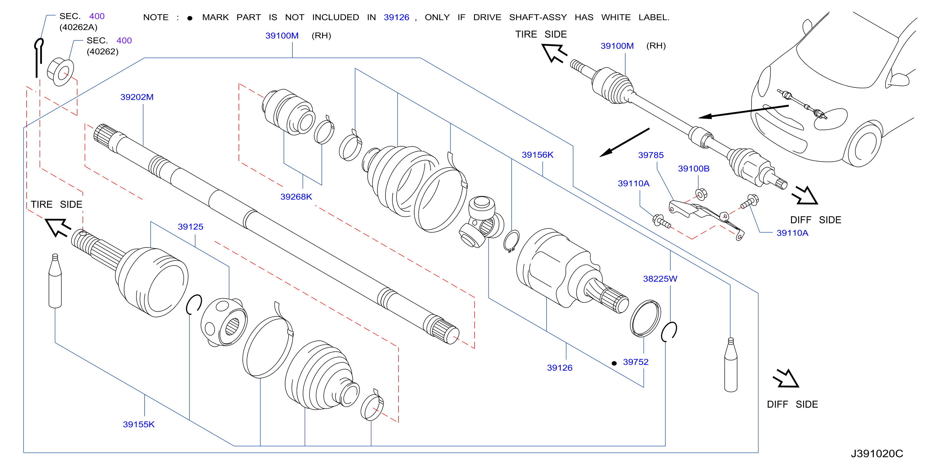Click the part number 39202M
(x=137, y=97)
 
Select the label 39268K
(x=296, y=197)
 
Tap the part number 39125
(x=190, y=227)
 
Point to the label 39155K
(x=139, y=424)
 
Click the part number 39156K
(x=537, y=155)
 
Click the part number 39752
(x=636, y=362)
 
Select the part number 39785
(x=650, y=155)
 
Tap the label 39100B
(x=694, y=168)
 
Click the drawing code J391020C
(x=877, y=454)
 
